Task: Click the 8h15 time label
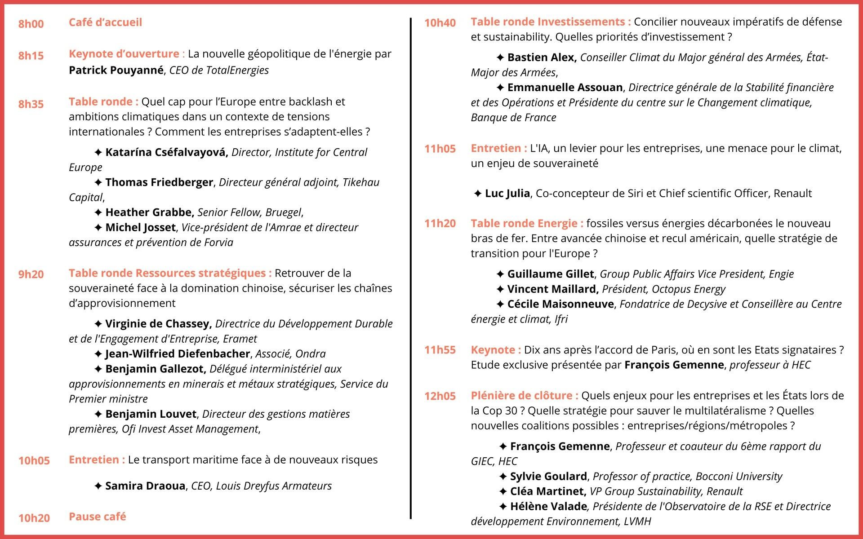tap(31, 56)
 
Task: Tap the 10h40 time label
tap(440, 23)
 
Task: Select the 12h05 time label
tap(440, 396)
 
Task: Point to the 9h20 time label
tap(31, 274)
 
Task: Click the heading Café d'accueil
tap(105, 22)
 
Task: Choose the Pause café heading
tap(97, 517)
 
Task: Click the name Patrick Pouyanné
tap(116, 70)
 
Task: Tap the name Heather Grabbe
tap(149, 212)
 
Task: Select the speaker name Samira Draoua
tap(145, 486)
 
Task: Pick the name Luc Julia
tap(507, 194)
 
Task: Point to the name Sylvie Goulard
tap(548, 477)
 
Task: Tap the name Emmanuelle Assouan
tap(565, 88)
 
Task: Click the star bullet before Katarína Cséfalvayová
tap(98, 153)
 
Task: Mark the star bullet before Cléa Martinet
tap(503, 492)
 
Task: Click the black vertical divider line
tap(410, 269)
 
